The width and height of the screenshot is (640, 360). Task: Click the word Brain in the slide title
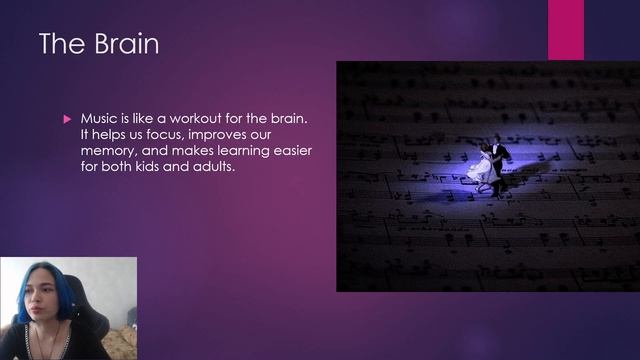coord(126,44)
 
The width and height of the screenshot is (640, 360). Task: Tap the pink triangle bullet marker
coord(67,119)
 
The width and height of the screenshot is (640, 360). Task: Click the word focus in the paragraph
coord(163,134)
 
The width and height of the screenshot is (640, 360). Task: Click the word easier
coord(293,151)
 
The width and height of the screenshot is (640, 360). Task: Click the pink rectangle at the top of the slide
coord(566,30)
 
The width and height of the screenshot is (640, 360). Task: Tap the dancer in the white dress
coord(483,167)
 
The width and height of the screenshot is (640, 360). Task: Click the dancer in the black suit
coord(499,163)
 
